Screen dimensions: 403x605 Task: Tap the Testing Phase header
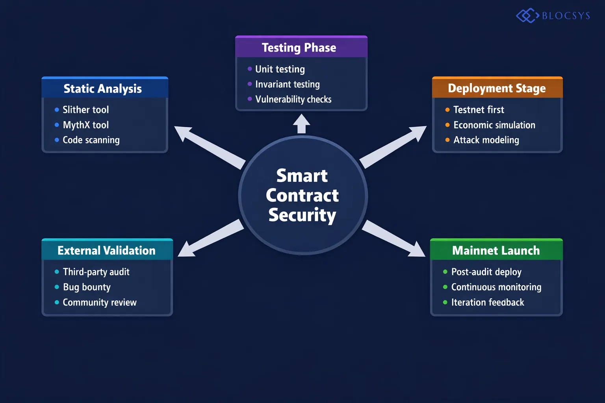pos(299,48)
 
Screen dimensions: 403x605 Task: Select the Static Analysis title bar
pos(103,89)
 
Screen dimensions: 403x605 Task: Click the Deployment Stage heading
pos(497,88)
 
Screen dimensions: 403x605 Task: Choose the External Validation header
pos(106,250)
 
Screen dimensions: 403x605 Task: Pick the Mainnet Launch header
pos(496,250)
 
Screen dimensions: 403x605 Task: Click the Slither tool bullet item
pos(85,110)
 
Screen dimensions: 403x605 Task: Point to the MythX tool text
pos(85,125)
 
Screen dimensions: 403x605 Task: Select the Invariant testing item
pos(287,84)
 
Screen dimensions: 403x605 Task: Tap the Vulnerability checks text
pos(293,99)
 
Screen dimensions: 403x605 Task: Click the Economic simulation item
pos(494,125)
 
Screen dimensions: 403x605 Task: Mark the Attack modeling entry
pos(486,140)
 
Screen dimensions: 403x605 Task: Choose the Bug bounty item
pos(87,287)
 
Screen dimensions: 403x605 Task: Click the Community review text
pos(100,302)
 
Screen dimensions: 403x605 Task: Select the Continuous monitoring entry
pos(496,287)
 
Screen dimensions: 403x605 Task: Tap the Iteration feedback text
pos(488,302)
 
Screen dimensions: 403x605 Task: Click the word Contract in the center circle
pos(302,196)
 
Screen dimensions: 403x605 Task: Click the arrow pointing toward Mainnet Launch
pos(394,239)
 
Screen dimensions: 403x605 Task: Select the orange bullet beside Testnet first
pos(447,110)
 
